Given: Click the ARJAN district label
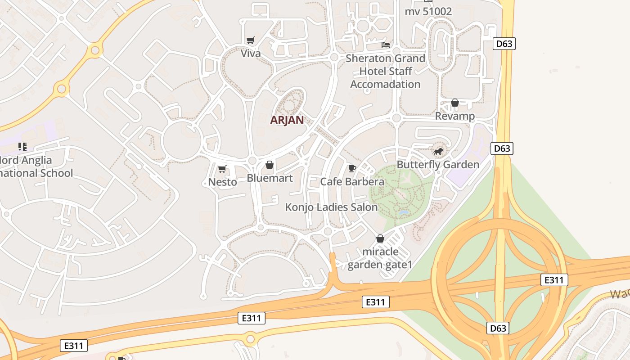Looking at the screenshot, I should [287, 120].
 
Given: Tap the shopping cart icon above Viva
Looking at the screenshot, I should [251, 40].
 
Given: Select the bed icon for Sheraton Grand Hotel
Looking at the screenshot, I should [386, 45].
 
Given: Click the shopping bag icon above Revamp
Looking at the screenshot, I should [455, 103].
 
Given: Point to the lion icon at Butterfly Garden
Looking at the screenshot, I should [438, 152].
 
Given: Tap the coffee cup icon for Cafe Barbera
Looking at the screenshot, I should [352, 169].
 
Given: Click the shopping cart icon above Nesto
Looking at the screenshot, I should [222, 169].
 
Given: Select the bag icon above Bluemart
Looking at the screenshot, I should [270, 165].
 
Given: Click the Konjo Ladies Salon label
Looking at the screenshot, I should [331, 207].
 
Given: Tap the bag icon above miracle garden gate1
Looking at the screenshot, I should [380, 238].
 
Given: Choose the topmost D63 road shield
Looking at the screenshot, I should [504, 44].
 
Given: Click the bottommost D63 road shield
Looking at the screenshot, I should [498, 328].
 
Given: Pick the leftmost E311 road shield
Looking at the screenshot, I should [74, 346].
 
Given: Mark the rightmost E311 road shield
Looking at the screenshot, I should [554, 280].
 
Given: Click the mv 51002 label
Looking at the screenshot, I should [428, 11].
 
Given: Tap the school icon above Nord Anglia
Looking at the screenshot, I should [22, 147].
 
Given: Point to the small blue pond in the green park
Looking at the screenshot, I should [404, 212].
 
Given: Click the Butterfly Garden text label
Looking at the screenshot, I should [438, 165].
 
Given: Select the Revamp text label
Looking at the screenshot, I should [454, 116].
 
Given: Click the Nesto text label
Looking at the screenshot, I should [222, 182].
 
